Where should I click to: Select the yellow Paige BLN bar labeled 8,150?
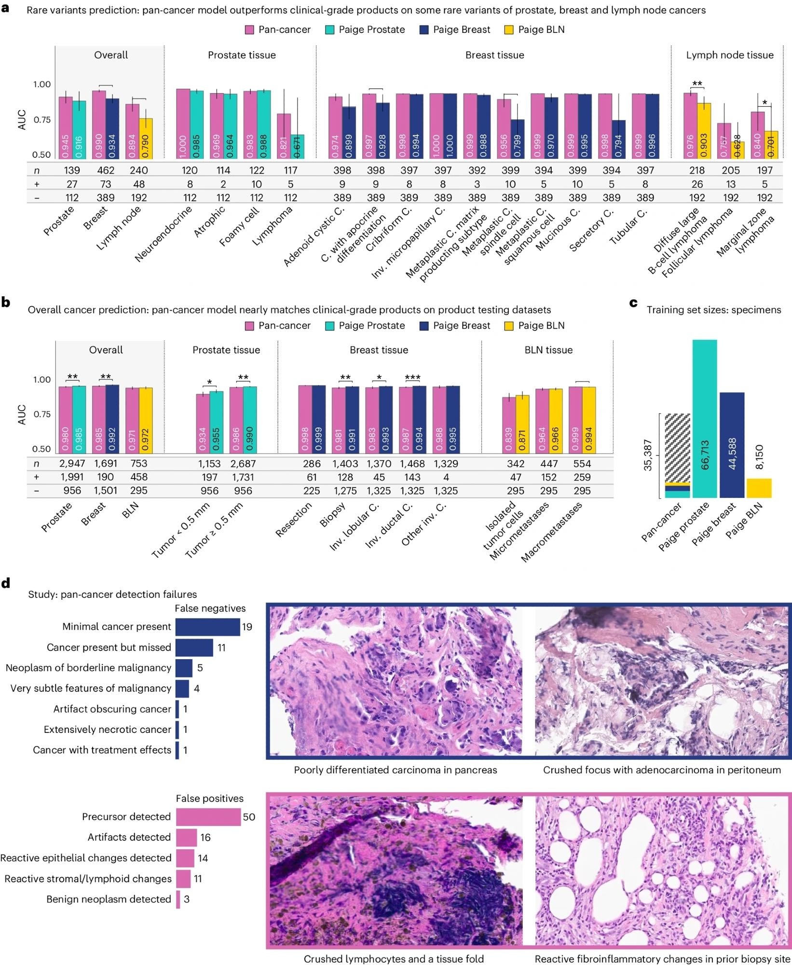(x=759, y=488)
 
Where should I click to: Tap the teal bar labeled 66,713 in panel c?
(x=705, y=418)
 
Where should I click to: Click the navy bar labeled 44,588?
(x=732, y=445)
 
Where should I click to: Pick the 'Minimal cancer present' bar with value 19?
(x=207, y=627)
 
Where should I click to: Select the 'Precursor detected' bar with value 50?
(x=208, y=817)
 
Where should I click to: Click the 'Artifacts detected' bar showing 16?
(x=186, y=837)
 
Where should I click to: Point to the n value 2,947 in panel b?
(x=72, y=464)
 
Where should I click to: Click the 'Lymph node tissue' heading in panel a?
(x=729, y=55)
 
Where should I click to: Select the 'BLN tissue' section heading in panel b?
(x=548, y=350)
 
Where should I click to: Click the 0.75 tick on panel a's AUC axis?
(x=41, y=120)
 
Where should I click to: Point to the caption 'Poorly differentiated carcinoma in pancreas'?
(x=395, y=770)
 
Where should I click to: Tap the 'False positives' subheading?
(x=209, y=799)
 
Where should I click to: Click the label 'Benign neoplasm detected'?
(x=109, y=899)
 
